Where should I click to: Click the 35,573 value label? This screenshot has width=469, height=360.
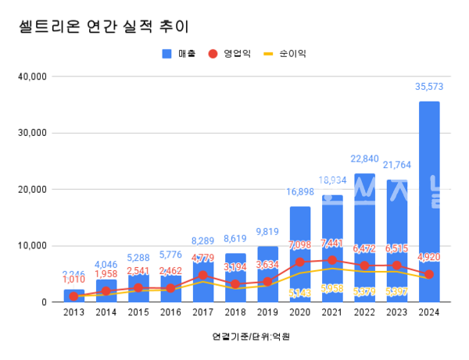[428, 88]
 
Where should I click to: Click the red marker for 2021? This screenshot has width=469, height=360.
[332, 260]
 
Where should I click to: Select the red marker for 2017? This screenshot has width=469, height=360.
[202, 275]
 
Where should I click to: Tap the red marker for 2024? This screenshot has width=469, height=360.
[428, 274]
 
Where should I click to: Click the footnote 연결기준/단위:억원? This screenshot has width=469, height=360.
[245, 337]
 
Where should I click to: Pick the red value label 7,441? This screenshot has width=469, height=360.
[332, 244]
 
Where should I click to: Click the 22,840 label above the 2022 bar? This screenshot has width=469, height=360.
[364, 160]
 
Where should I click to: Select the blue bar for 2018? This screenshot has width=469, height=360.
[234, 277]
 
